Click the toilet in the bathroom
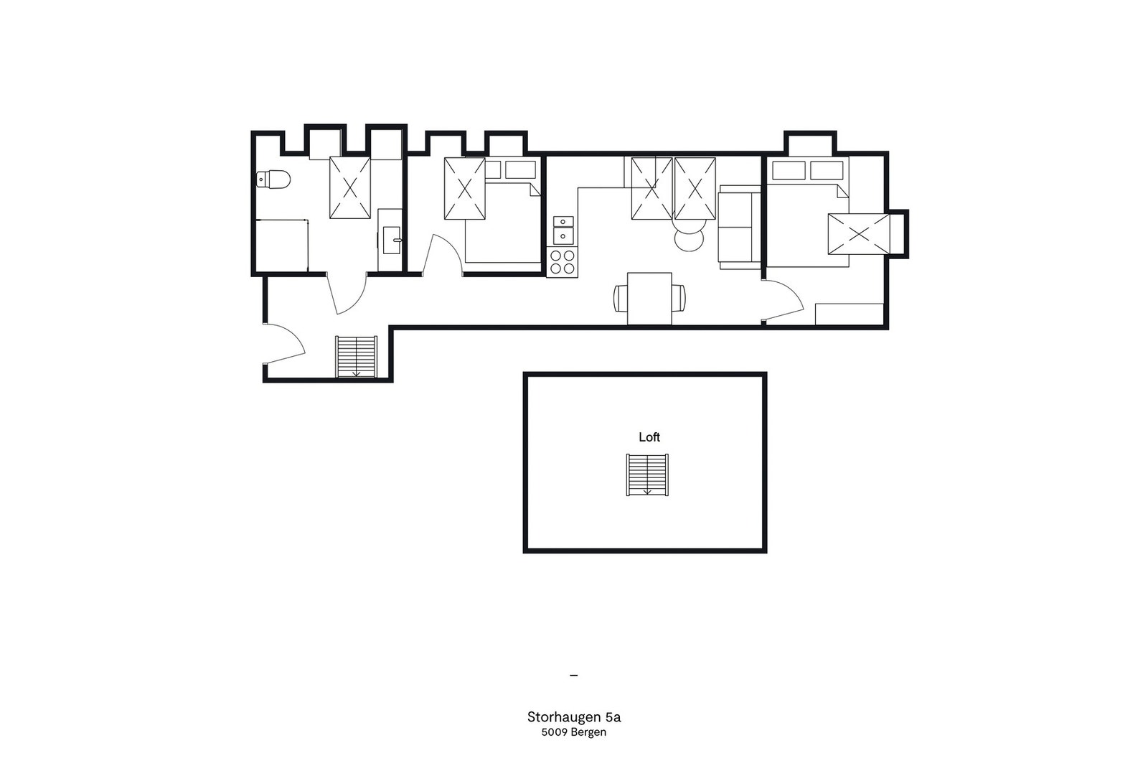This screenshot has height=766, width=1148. tap(273, 179)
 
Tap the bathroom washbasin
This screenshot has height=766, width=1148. tap(391, 240)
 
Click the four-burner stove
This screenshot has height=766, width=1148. tap(563, 261)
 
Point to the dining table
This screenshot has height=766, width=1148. tap(649, 298)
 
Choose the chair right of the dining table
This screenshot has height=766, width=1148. tap(678, 298)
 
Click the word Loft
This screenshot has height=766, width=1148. tap(649, 436)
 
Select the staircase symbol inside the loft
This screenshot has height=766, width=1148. tap(647, 475)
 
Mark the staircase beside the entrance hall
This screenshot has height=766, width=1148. tap(356, 355)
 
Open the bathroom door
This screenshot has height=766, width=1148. tap(347, 294)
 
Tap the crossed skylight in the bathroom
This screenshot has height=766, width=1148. tap(350, 187)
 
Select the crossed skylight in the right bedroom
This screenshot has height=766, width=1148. tap(858, 233)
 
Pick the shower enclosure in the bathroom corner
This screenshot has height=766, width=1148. tap(281, 246)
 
